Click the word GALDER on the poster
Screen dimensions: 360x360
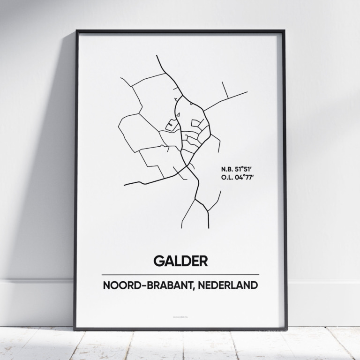coord(180,261)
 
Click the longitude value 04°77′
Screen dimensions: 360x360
coord(244,177)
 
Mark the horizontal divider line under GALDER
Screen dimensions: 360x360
coord(180,275)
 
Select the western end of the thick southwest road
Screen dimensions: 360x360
coord(125,185)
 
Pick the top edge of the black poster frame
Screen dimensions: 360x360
coord(180,31)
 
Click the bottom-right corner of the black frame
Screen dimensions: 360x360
coord(285,329)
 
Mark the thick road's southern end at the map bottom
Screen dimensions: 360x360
coord(208,227)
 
